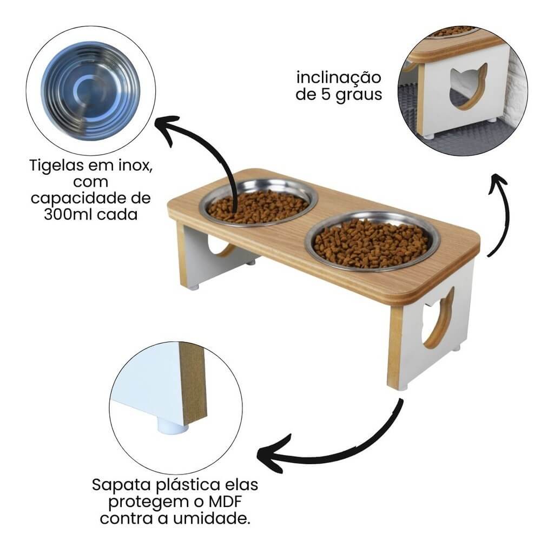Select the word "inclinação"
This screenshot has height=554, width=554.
click(339, 77)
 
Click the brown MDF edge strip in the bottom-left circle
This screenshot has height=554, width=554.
click(194, 384)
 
